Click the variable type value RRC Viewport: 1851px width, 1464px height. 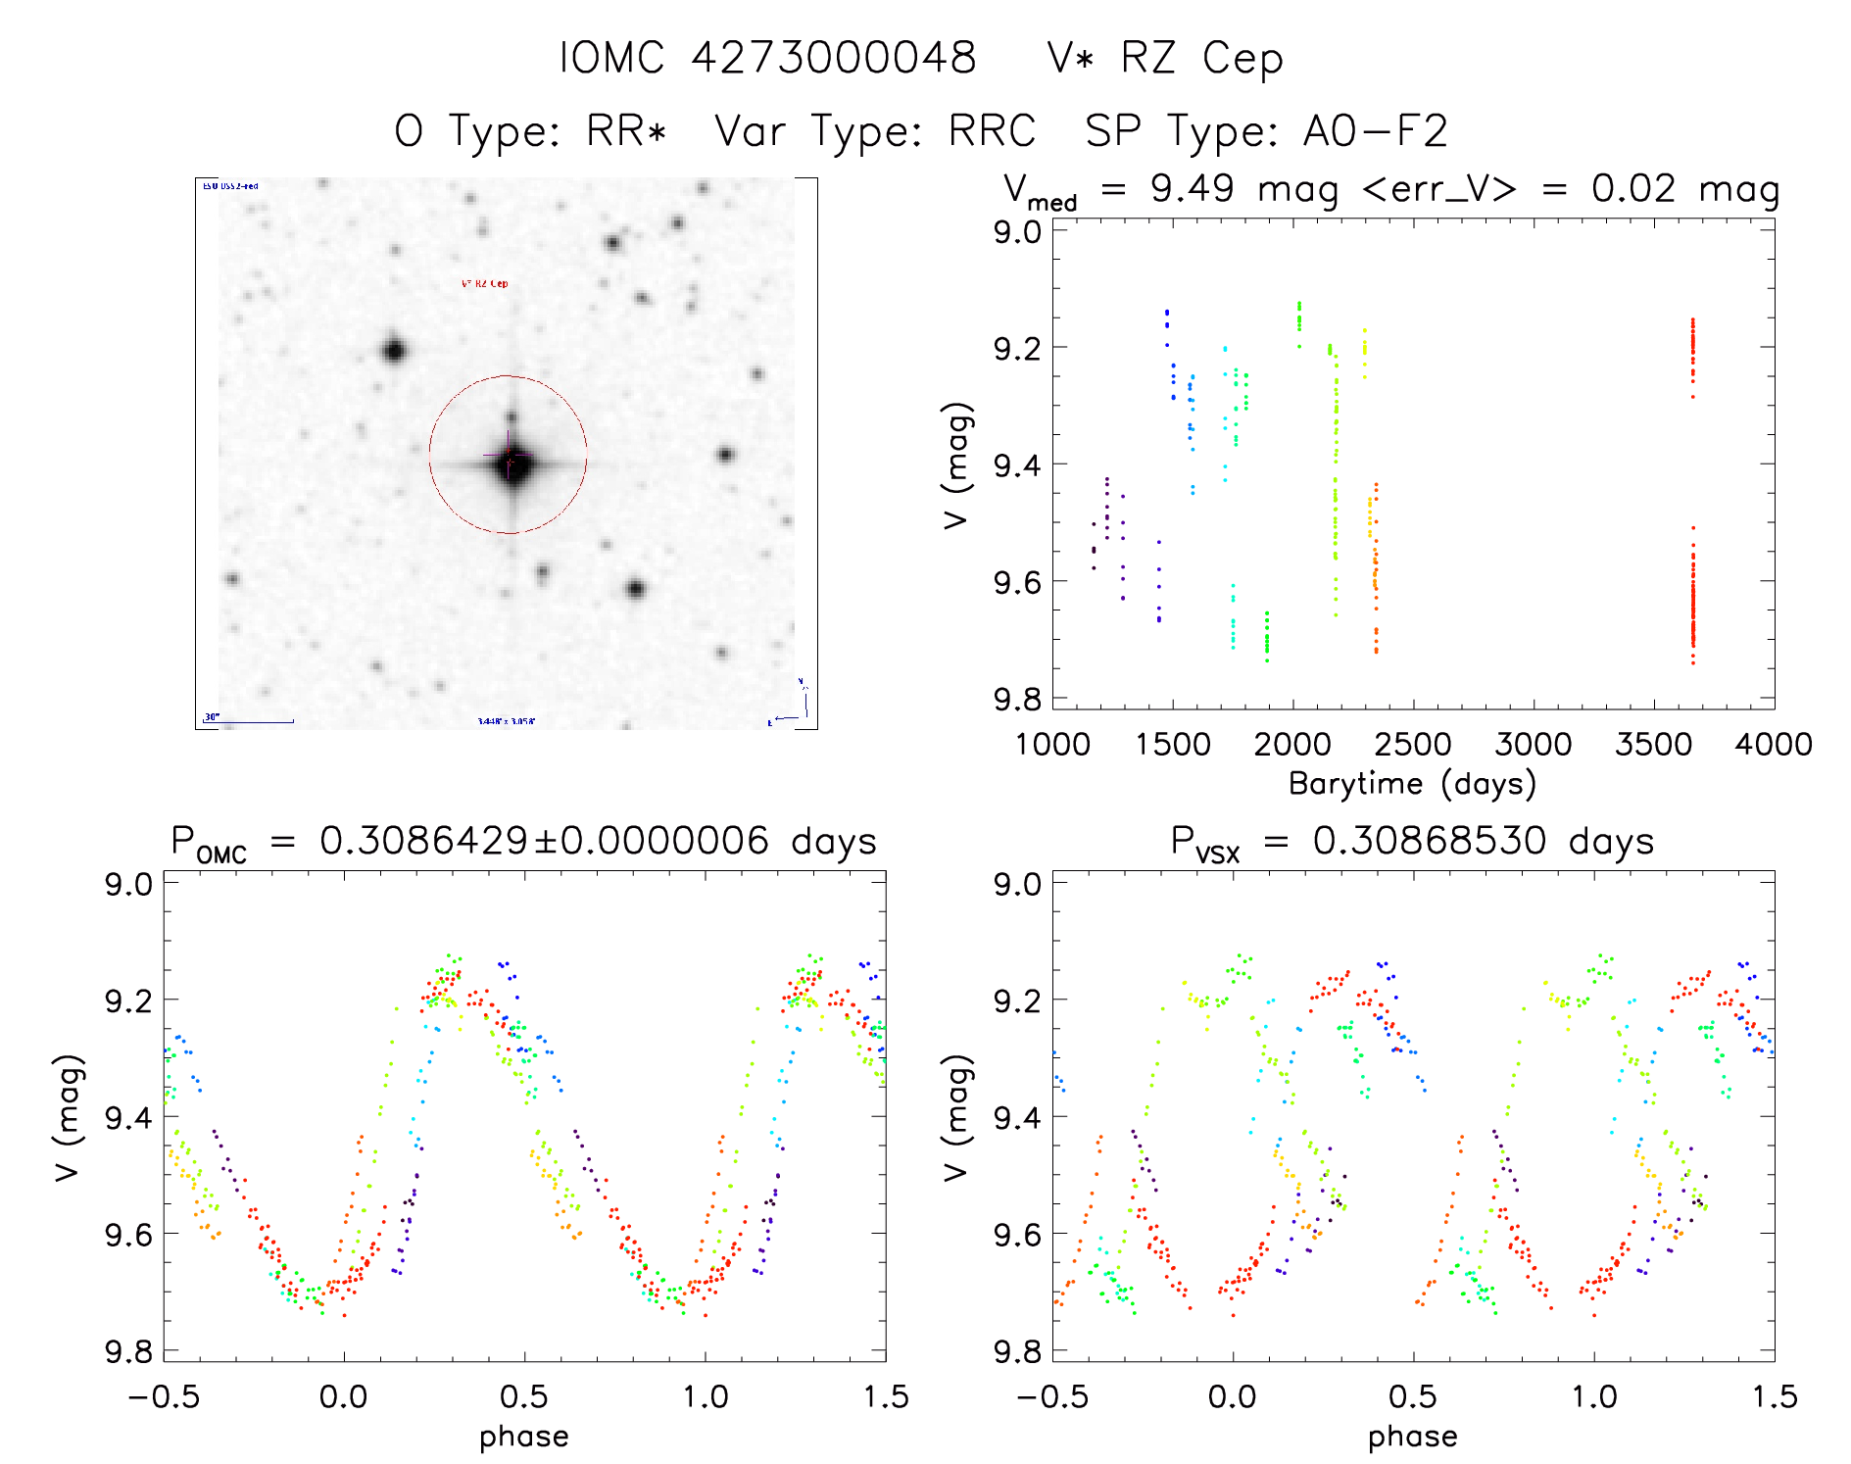992,131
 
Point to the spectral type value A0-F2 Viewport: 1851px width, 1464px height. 1375,131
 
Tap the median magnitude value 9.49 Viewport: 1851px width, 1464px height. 1192,188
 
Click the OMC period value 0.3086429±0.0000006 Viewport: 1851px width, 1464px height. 544,841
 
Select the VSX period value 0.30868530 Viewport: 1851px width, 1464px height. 1430,841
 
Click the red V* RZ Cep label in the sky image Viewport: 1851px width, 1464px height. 485,284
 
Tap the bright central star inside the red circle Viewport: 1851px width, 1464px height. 511,464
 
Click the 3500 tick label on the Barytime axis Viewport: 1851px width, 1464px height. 1653,745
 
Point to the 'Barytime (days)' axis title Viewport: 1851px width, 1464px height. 1412,784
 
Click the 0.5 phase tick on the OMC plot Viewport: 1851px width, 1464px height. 524,1396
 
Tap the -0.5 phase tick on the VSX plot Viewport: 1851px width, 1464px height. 1052,1396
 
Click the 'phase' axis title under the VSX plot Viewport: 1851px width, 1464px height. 1412,1437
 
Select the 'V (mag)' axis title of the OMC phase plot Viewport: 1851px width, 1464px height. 68,1117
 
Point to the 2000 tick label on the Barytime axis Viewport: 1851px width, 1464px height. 1292,745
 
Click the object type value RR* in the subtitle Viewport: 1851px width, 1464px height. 626,131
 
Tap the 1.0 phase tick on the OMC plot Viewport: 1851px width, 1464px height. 706,1396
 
